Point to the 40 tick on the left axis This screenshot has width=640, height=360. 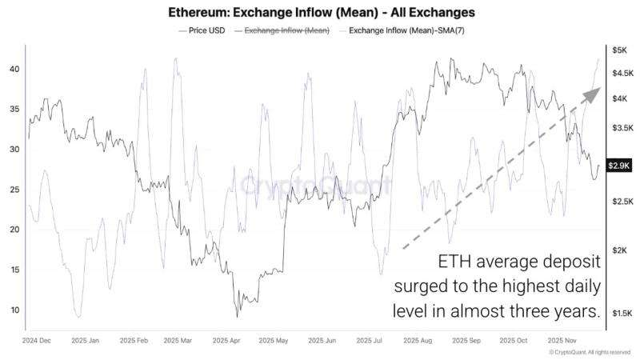click(14, 70)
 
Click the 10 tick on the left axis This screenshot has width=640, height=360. click(14, 310)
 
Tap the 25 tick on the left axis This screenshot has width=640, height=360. click(14, 190)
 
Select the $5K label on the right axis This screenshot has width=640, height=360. click(619, 50)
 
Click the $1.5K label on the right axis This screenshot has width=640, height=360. click(622, 313)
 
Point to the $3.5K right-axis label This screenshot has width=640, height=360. click(622, 127)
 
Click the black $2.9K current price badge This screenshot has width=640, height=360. click(621, 166)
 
